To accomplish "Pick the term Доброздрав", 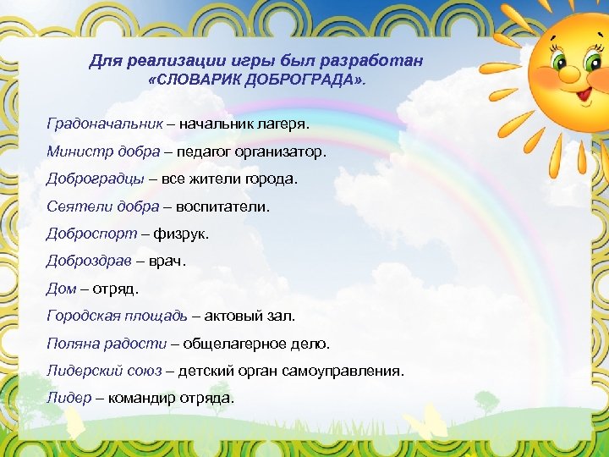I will pyautogui.click(x=91, y=261).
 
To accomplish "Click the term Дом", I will pyautogui.click(x=61, y=288).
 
